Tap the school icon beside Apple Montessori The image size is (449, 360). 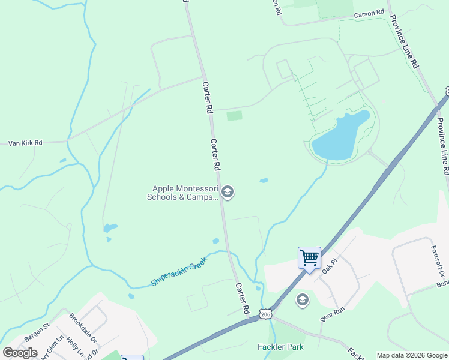(227, 192)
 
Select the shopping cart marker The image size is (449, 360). (309, 258)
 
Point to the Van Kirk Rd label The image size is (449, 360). (25, 143)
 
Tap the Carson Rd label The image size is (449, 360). (369, 13)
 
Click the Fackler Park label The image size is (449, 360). (280, 347)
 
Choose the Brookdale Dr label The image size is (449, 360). (83, 328)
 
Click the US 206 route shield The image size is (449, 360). (266, 314)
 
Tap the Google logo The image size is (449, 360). (20, 353)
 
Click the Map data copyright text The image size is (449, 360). (412, 355)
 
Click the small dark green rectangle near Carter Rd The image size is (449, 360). (234, 116)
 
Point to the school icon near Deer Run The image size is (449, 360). (303, 300)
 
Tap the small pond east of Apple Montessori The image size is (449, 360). (264, 180)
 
